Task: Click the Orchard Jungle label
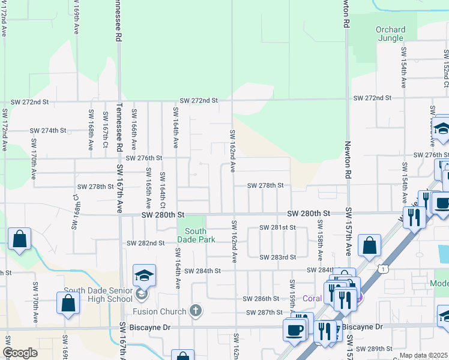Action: pyautogui.click(x=390, y=34)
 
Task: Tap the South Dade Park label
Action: pyautogui.click(x=196, y=235)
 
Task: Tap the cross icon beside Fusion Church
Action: pyautogui.click(x=194, y=310)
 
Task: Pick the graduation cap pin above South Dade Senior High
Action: pyautogui.click(x=144, y=275)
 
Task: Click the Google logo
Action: pyautogui.click(x=20, y=353)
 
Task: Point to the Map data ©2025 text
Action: pyautogui.click(x=424, y=355)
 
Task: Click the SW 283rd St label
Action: pyautogui.click(x=277, y=257)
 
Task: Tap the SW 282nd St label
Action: pyautogui.click(x=145, y=243)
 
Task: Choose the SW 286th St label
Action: pyautogui.click(x=261, y=298)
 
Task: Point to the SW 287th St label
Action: pyautogui.click(x=264, y=313)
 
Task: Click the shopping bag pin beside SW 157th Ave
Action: pyautogui.click(x=369, y=245)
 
